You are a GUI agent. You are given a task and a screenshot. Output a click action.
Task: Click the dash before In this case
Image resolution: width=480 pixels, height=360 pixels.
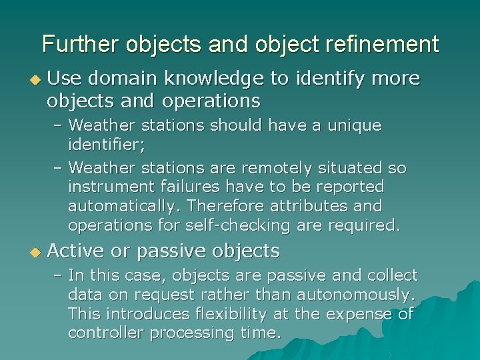click(58, 275)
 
